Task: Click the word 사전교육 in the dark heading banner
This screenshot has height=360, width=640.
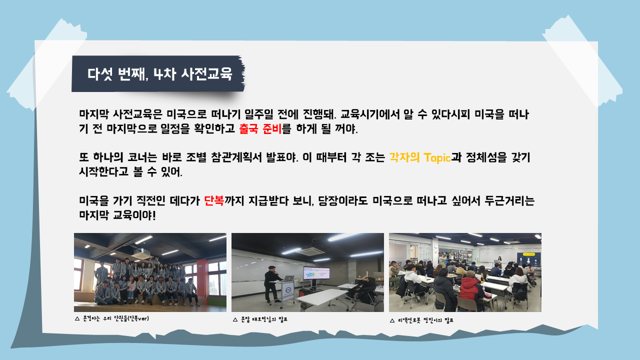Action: [x=206, y=74]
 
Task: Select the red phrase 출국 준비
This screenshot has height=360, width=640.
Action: [x=260, y=128]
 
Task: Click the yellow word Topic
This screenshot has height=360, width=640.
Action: [x=437, y=157]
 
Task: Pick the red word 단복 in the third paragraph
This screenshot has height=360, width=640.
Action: [x=214, y=200]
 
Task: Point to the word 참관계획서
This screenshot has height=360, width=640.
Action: [x=236, y=157]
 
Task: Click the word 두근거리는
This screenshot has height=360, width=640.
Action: [x=509, y=200]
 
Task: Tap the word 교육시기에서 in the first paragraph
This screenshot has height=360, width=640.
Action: [x=370, y=114]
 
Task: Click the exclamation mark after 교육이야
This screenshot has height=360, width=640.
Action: [x=154, y=215]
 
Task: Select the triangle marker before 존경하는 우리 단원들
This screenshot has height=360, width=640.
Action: [x=77, y=318]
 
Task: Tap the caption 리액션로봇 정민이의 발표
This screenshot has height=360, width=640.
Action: [x=425, y=320]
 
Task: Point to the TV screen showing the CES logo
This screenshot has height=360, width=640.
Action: [x=316, y=273]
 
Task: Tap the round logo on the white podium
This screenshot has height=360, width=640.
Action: [x=288, y=289]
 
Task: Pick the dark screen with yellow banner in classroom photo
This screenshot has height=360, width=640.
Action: [x=529, y=260]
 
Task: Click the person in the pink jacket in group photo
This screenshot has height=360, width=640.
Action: [x=131, y=288]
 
